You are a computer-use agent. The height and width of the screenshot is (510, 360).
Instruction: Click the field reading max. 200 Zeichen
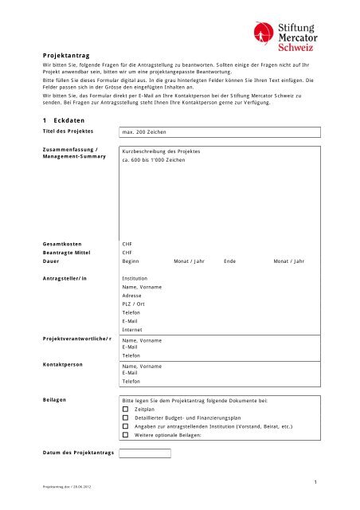coord(143,130)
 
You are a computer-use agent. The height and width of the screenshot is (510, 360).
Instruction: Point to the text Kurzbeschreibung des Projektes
coord(161,151)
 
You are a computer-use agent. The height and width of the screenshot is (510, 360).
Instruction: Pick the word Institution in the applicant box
coord(137,279)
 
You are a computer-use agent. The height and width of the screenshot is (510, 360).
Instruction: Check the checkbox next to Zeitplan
coord(126,408)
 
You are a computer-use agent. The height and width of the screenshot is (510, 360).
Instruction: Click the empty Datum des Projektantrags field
coord(146,453)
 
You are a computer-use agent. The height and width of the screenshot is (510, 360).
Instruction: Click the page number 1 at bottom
coord(315,481)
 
